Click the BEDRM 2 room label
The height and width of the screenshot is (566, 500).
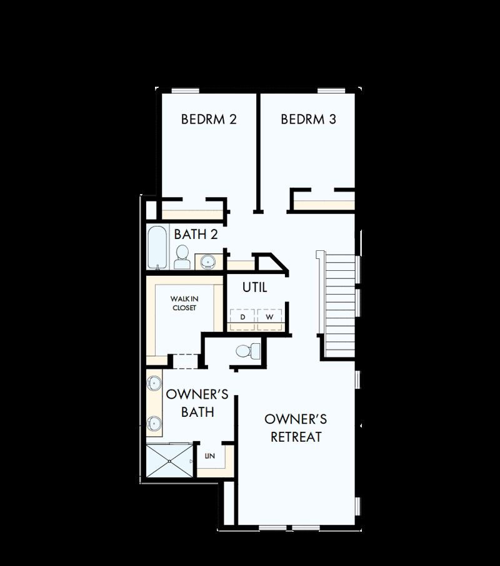(x=209, y=119)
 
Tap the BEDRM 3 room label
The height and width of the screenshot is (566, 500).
(x=308, y=119)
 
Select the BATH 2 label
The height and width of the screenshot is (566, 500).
(x=196, y=234)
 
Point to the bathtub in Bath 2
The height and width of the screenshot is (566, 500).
(x=157, y=247)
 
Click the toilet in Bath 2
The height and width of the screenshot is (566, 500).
(x=182, y=257)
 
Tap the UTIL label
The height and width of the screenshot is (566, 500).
(x=255, y=287)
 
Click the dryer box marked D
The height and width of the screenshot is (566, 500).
(x=242, y=316)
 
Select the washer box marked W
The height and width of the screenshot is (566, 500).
(x=269, y=316)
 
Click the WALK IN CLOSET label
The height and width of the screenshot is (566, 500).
(x=184, y=303)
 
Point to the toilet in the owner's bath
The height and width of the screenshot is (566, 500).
(x=248, y=351)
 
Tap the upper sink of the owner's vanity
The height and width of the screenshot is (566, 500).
(x=154, y=383)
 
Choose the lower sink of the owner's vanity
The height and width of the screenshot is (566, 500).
(x=154, y=422)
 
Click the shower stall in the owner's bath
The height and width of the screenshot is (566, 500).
(x=170, y=461)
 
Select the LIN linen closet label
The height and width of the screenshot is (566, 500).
(x=210, y=456)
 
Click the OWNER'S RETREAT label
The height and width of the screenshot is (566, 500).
(x=296, y=427)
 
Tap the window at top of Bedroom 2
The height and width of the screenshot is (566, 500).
(x=185, y=90)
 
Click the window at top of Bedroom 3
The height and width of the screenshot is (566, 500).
(x=331, y=90)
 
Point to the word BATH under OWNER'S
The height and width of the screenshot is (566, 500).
(x=197, y=412)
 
